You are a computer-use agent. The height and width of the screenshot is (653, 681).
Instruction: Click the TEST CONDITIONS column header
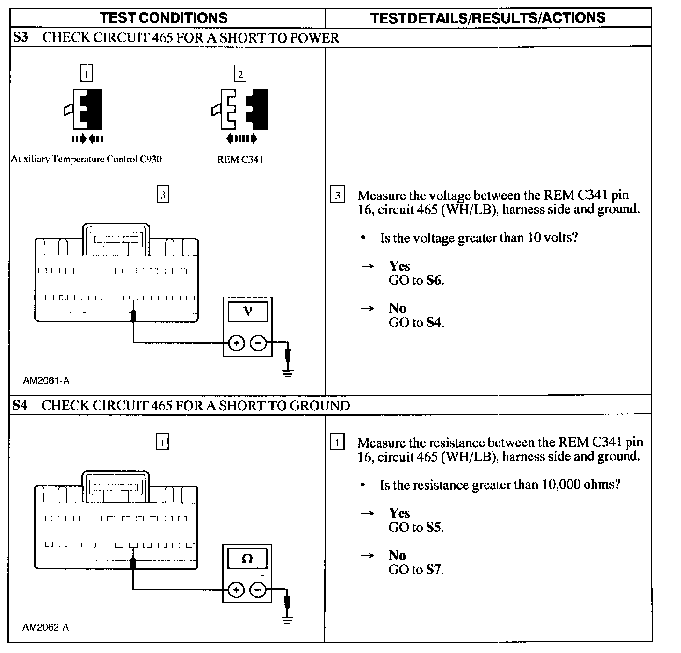164,18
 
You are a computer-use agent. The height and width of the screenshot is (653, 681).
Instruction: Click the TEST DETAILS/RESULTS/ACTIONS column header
488,18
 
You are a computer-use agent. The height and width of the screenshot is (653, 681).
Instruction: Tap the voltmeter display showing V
247,311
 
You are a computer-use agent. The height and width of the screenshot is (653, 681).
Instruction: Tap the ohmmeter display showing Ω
247,558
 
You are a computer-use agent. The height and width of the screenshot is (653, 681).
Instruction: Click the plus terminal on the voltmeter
237,343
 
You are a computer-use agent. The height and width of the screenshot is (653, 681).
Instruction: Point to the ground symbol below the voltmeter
289,373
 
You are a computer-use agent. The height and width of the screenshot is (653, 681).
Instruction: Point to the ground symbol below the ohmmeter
288,620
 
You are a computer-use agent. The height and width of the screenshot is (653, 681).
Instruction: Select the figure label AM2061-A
46,381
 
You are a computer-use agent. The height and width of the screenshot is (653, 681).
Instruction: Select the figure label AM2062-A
46,627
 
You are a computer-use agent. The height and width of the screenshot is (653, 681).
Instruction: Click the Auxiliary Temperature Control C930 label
87,159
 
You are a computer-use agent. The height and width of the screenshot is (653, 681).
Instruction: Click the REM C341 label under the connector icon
240,159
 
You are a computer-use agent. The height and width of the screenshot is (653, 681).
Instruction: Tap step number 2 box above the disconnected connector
240,74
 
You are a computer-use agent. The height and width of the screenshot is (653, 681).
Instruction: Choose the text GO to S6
416,281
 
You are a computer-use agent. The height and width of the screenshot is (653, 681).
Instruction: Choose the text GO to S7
416,569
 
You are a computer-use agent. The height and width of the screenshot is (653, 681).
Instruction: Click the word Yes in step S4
399,513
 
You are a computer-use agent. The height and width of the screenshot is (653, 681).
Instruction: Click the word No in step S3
397,308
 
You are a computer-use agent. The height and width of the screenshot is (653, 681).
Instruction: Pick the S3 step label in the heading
20,37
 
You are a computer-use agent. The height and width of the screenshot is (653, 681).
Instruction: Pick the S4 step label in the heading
20,405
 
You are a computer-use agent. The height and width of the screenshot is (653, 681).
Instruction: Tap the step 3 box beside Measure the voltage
337,195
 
